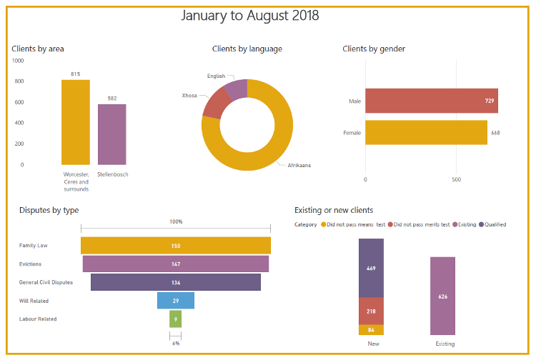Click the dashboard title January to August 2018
[x=249, y=15]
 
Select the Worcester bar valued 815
[x=75, y=121]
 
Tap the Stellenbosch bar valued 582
[x=112, y=134]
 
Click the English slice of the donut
[x=236, y=89]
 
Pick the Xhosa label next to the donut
[x=189, y=95]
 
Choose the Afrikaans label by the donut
[x=299, y=165]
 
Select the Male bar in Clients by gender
[x=431, y=101]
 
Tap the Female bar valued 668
[x=426, y=133]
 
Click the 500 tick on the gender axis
[x=456, y=179]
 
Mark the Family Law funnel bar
[x=176, y=246]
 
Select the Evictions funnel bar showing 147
[x=176, y=264]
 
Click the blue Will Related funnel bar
[x=176, y=301]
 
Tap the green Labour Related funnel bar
[x=176, y=319]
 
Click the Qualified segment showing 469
[x=371, y=268]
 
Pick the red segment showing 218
[x=371, y=311]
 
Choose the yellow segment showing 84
[x=371, y=330]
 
